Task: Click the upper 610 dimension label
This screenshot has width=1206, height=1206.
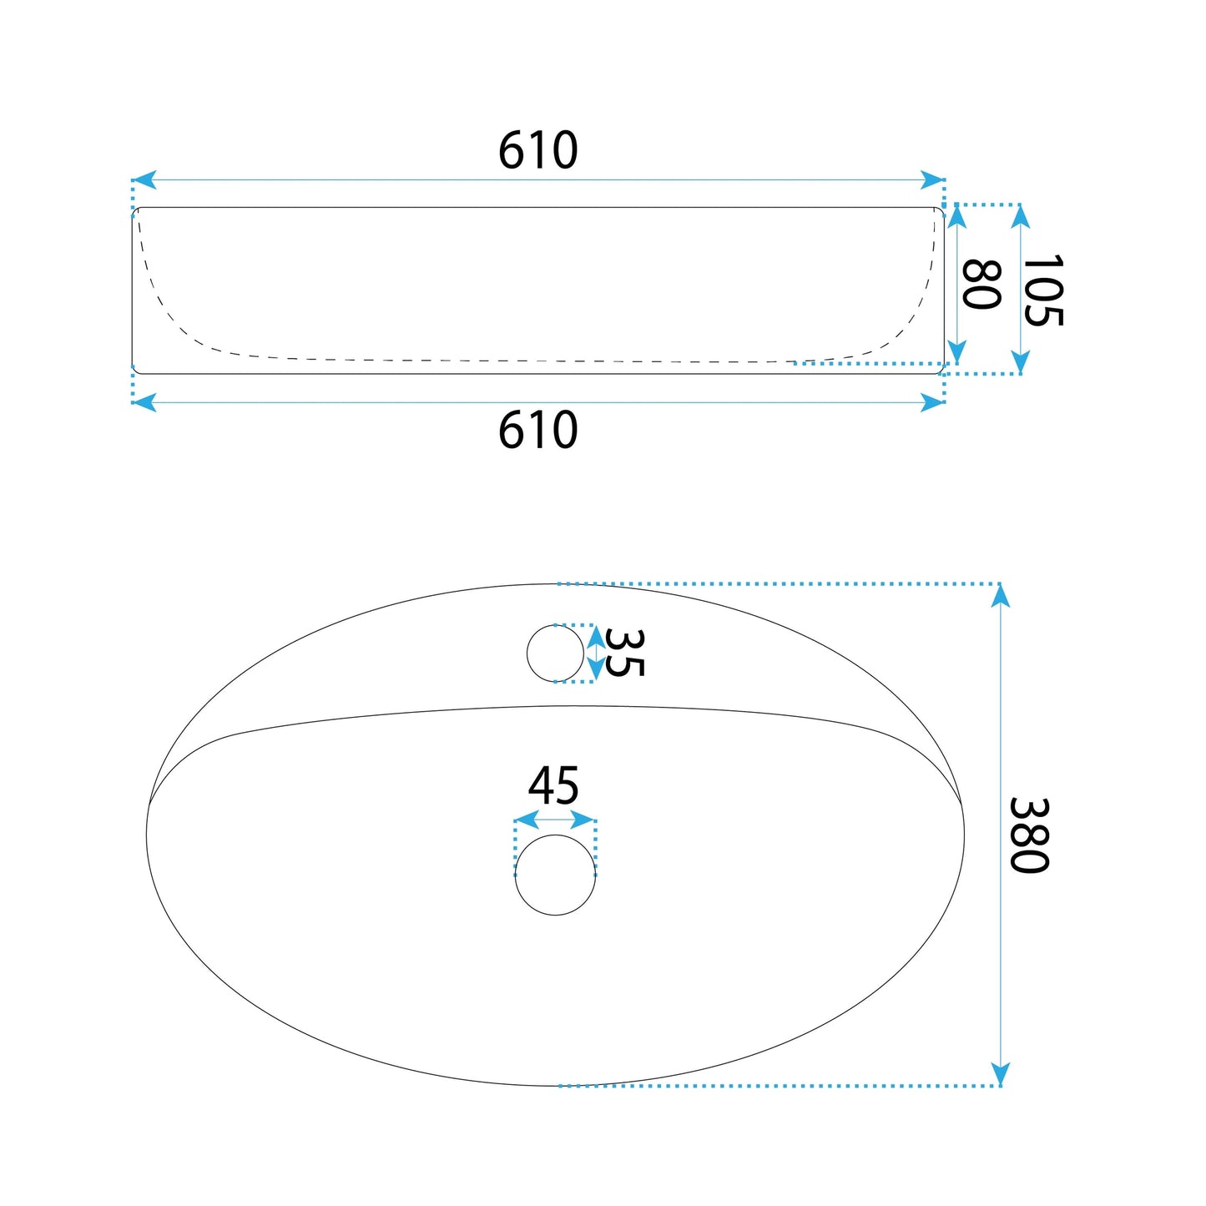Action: point(537,150)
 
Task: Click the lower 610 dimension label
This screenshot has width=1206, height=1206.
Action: point(537,430)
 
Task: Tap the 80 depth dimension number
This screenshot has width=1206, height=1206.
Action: point(981,285)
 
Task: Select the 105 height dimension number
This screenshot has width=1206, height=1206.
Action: point(1042,290)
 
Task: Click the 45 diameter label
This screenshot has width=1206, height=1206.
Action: point(553,786)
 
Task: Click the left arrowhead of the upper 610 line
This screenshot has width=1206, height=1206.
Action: point(144,180)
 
